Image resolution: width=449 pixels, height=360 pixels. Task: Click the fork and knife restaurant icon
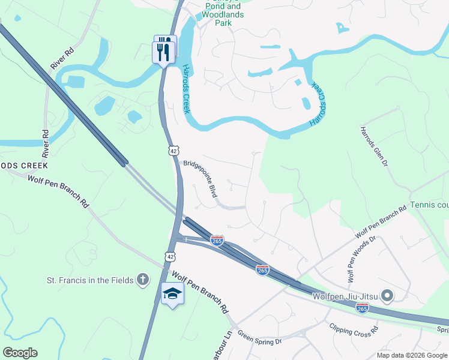[x=164, y=51]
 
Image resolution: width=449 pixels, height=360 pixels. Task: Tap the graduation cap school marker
[x=172, y=293]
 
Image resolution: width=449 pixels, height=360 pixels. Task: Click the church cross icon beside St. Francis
[x=142, y=279]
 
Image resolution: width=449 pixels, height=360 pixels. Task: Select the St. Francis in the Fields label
[x=91, y=280]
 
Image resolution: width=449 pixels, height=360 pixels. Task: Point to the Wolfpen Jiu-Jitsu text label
[x=345, y=295]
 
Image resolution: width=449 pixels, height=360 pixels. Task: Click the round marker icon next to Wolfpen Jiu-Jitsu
[x=387, y=295]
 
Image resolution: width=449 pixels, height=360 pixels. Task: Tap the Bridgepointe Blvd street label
[x=200, y=178]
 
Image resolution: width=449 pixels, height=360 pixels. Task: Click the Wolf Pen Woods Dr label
[x=361, y=259]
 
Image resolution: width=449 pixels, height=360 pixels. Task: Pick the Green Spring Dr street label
[x=259, y=338]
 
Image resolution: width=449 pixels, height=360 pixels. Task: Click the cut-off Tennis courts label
[x=429, y=205]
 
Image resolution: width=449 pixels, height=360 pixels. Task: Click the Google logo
[x=20, y=353]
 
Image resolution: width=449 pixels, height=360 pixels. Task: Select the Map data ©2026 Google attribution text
[x=411, y=355]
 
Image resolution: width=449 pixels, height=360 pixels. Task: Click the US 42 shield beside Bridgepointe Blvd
[x=173, y=149]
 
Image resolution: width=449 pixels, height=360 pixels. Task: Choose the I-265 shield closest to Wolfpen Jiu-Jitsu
[x=362, y=307]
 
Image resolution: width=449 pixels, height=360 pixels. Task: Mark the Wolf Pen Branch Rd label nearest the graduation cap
[x=200, y=292]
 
